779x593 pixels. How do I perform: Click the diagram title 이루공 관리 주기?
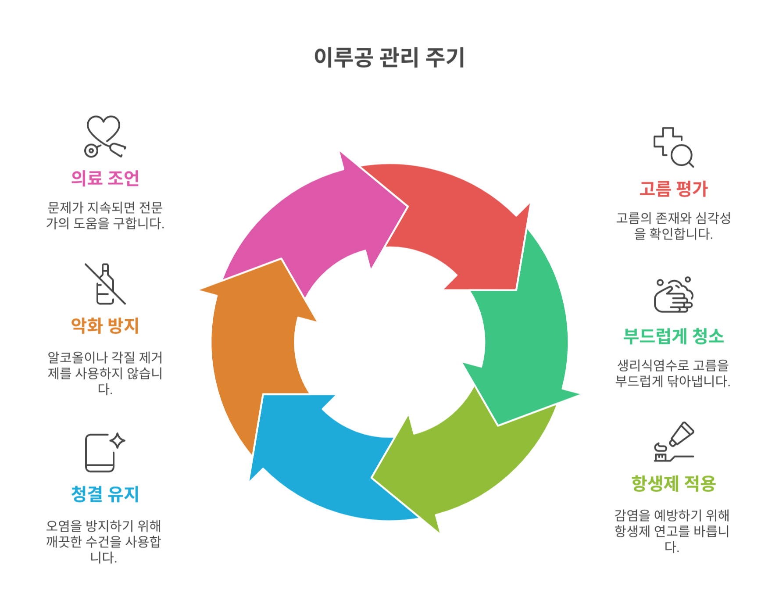click(389, 57)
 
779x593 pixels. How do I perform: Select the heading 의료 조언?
click(105, 178)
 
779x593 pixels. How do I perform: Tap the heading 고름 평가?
click(673, 189)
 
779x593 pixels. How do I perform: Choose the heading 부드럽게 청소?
click(673, 336)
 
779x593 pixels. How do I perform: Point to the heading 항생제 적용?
click(673, 483)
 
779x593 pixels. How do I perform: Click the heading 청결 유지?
click(105, 494)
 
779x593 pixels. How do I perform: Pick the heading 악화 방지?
click(105, 325)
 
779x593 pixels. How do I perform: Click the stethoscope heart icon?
click(104, 136)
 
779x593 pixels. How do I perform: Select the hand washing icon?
click(673, 295)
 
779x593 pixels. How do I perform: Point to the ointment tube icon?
click(673, 442)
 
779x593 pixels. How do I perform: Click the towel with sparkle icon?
click(104, 452)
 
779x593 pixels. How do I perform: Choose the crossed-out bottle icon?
click(105, 284)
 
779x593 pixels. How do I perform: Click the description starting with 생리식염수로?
click(673, 373)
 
